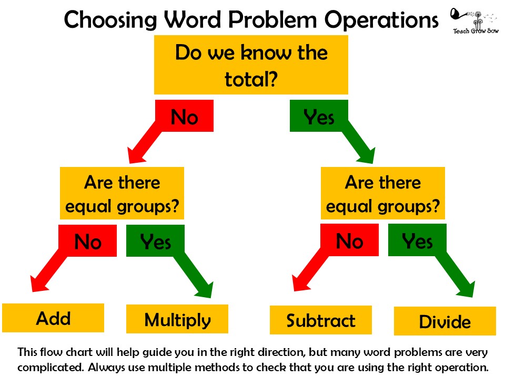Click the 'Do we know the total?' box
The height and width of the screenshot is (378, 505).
click(x=251, y=65)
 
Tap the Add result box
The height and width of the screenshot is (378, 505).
click(x=53, y=318)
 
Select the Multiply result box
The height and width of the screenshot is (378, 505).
click(x=177, y=319)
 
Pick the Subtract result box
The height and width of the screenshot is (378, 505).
click(x=321, y=320)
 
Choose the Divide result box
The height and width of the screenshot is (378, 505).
click(x=445, y=321)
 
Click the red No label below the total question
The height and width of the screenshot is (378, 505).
click(x=184, y=115)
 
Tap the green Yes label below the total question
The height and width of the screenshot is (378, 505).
click(x=319, y=115)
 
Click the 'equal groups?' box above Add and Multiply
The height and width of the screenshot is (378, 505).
click(x=122, y=193)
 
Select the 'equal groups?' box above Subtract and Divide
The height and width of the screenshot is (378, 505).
click(x=383, y=193)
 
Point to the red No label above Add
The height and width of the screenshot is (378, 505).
click(x=88, y=241)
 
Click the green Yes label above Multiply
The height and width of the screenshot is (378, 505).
click(x=155, y=241)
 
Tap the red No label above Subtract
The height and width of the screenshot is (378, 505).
click(x=349, y=240)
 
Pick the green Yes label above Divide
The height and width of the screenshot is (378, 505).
click(x=417, y=240)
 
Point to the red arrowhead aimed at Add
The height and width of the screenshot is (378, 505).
click(x=38, y=283)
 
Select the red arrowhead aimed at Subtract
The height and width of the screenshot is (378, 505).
click(x=300, y=283)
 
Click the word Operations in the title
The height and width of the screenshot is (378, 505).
click(x=381, y=20)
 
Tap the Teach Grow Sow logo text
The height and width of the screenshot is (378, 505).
click(x=476, y=31)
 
